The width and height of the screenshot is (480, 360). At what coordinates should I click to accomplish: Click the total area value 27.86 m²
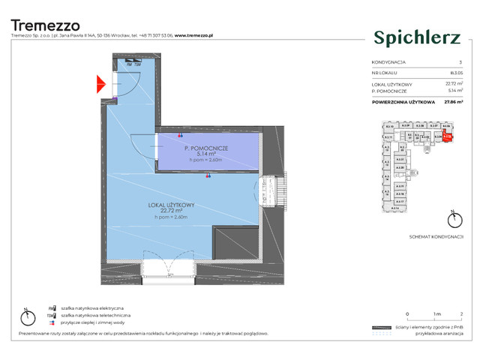[x=452, y=101]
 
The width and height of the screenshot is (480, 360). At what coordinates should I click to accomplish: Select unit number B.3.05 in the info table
[x=456, y=73]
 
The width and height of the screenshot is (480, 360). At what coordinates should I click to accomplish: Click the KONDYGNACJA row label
[x=388, y=62]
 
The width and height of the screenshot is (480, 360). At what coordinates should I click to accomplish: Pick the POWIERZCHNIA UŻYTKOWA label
[x=403, y=101]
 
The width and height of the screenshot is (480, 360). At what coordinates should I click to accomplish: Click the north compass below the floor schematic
[x=451, y=220]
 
